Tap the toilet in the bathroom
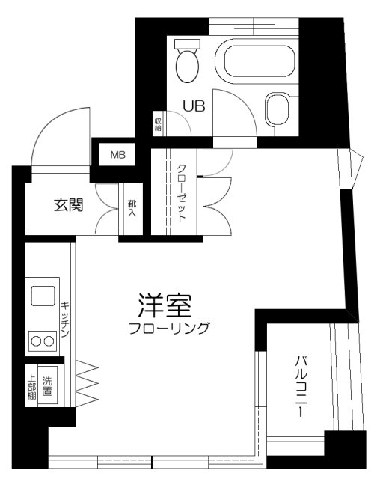(x=187, y=61)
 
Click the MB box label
(x=118, y=156)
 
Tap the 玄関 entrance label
(x=67, y=204)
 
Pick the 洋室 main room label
(x=165, y=305)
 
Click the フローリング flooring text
(x=168, y=328)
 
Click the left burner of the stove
(x=34, y=342)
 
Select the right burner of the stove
(x=49, y=342)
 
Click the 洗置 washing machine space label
(x=48, y=385)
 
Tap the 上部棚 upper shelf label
(x=31, y=386)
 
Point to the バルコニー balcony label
(x=299, y=385)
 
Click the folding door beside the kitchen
(x=86, y=382)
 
